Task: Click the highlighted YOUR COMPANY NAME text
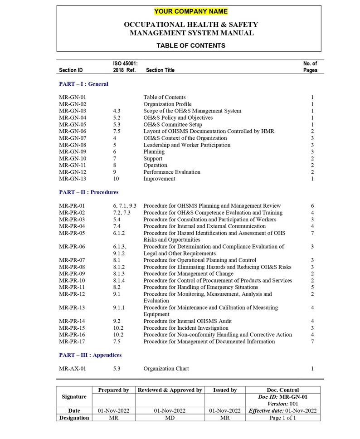(x=190, y=11)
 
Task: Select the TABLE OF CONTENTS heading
(x=190, y=45)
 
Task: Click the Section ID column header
(x=71, y=70)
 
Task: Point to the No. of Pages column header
(x=310, y=67)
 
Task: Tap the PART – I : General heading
(x=83, y=84)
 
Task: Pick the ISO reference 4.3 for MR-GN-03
(x=117, y=111)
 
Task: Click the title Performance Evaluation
(x=172, y=172)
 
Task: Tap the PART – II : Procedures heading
(x=88, y=192)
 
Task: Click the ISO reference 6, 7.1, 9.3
(x=125, y=206)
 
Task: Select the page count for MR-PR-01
(x=312, y=206)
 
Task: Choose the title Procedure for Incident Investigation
(x=186, y=328)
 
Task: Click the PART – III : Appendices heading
(x=90, y=355)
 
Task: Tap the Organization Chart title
(x=166, y=369)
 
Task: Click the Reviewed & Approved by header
(x=170, y=390)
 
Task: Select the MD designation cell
(x=170, y=418)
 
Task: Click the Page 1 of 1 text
(x=282, y=418)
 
